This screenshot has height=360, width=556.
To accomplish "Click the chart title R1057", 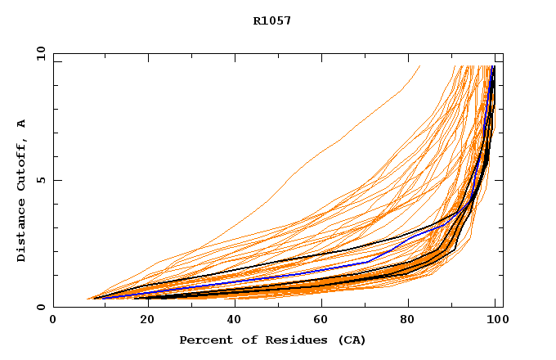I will point(271,20).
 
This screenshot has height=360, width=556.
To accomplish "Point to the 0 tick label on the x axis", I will point(53,320).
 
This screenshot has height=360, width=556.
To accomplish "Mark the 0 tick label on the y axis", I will point(40,307).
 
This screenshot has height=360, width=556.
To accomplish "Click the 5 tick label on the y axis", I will point(40,180).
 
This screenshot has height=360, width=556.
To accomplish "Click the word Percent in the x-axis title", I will point(204,340).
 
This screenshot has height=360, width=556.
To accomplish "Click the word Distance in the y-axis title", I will point(21,232).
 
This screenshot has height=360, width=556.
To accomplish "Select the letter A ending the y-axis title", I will point(21,123).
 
